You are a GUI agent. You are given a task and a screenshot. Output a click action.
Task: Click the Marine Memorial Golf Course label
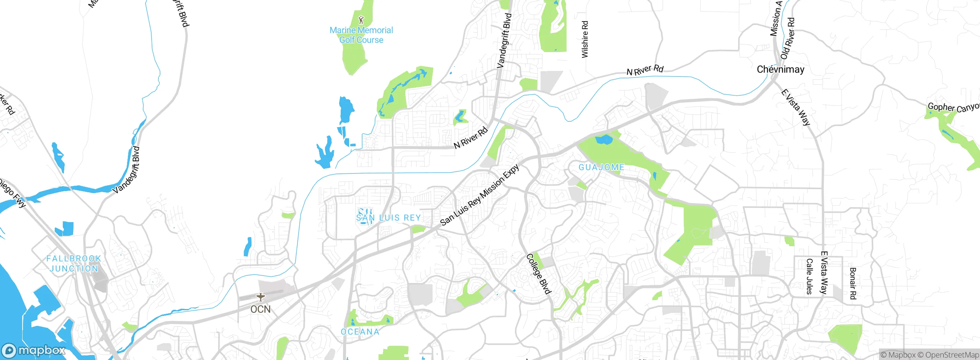coord(361,35)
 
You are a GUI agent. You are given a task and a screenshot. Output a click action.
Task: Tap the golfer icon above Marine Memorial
coord(361,19)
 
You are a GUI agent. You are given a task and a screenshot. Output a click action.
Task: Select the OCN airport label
coord(260,309)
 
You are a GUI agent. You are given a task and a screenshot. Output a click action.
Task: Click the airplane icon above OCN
coord(261,297)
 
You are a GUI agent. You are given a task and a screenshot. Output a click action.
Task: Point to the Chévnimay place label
coord(781,69)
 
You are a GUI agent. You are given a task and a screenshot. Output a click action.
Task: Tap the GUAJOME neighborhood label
coord(601,167)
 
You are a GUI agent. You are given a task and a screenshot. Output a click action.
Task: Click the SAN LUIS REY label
coord(389,218)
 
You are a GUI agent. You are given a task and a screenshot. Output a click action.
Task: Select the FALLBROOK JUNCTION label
coord(73,263)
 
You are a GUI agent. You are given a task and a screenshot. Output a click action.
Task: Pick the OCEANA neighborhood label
coord(360,332)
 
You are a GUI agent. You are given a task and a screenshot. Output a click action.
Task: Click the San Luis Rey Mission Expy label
coord(480,195)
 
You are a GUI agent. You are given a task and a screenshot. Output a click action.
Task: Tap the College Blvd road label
coord(539,273)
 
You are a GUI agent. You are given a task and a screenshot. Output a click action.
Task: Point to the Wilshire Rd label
coord(585,39)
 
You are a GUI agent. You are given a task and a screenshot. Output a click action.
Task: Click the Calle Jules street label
coord(809,277)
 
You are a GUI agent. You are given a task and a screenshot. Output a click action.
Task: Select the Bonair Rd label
coord(853,283)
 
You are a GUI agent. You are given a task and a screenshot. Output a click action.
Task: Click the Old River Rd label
coord(788,38)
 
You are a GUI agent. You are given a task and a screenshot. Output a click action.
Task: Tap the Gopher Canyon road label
coord(953,108)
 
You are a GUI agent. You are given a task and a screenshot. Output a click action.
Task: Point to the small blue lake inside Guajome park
coord(604,139)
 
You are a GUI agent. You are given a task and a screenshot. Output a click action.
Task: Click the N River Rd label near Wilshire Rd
coord(645,70)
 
